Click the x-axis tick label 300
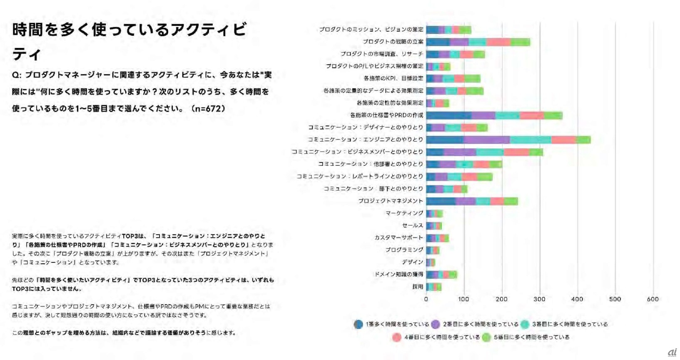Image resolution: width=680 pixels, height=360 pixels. click(539, 299)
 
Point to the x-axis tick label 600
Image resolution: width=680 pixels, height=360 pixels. click(653, 299)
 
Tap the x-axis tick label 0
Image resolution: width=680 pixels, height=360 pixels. click(426, 299)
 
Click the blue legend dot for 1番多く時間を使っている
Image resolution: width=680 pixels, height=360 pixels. click(358, 324)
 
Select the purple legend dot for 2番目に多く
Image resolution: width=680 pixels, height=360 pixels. click(436, 324)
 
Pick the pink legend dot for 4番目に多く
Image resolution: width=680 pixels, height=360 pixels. click(397, 337)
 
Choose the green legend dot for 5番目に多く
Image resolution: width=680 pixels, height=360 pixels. click(486, 337)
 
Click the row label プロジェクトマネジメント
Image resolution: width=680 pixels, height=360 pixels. click(391, 201)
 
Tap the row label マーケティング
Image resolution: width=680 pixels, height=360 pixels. click(404, 213)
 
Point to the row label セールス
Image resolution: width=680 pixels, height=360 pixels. click(412, 225)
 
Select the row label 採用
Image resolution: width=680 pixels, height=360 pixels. click(418, 287)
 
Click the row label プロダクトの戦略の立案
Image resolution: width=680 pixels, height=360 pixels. click(393, 42)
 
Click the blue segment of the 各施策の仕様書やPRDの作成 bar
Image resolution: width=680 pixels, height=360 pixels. click(448, 115)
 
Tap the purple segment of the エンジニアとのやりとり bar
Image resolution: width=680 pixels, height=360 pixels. click(486, 140)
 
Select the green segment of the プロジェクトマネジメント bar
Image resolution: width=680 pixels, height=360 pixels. click(511, 201)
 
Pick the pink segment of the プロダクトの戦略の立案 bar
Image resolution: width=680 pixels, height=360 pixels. click(498, 42)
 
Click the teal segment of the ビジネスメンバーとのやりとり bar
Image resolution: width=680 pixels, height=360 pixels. click(490, 152)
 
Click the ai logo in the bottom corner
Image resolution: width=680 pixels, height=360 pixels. click(672, 352)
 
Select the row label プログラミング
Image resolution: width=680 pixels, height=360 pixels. click(404, 250)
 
